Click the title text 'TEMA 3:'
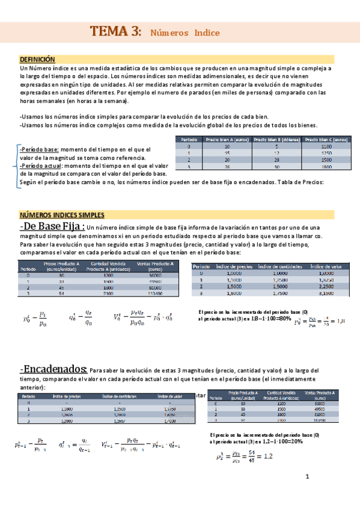(116, 32)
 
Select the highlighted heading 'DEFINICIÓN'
(37, 60)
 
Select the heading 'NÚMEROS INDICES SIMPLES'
(63, 215)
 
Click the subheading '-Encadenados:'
(53, 369)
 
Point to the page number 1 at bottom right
(307, 478)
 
